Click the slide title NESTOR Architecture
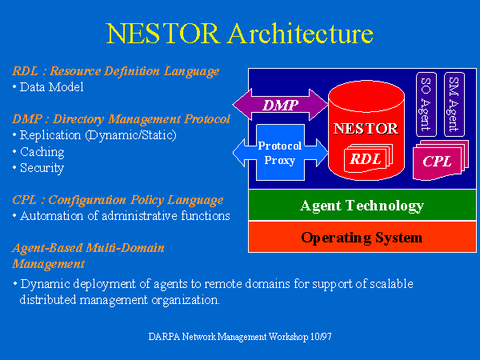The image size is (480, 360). click(x=239, y=34)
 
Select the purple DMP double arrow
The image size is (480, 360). click(x=280, y=105)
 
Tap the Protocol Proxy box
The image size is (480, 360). click(x=280, y=153)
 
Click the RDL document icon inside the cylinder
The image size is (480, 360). click(x=368, y=158)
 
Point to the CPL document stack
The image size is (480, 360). click(x=441, y=160)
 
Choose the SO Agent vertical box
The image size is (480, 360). click(x=426, y=104)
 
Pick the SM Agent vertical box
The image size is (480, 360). click(x=454, y=104)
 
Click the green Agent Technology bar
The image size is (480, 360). click(x=362, y=205)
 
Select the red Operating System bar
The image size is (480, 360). click(x=362, y=237)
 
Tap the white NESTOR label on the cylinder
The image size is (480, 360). click(x=366, y=129)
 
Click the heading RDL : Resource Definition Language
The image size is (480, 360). click(x=116, y=72)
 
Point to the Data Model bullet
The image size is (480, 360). click(x=48, y=87)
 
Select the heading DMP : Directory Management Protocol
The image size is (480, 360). click(x=122, y=119)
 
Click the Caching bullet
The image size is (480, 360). click(x=39, y=152)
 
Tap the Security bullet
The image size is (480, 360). click(x=38, y=168)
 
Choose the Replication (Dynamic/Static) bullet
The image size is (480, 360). click(x=95, y=136)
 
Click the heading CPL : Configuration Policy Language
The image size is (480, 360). click(x=118, y=201)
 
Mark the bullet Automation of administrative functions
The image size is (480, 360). click(x=122, y=216)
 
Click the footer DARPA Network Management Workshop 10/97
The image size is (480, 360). click(x=240, y=337)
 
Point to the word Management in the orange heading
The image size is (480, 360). click(x=48, y=264)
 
